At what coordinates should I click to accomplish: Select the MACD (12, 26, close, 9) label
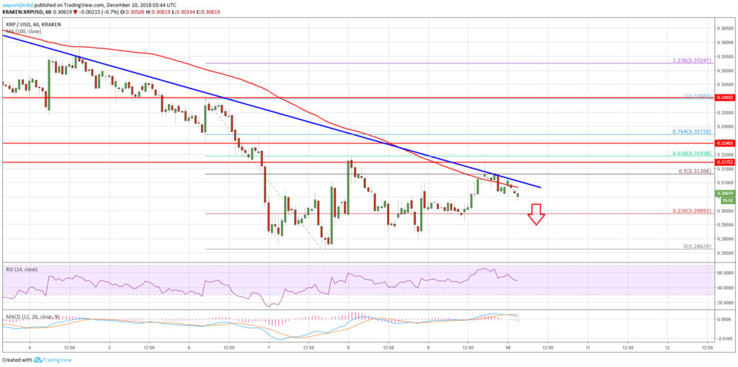pyautogui.click(x=30, y=317)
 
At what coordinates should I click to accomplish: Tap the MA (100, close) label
pyautogui.click(x=23, y=30)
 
